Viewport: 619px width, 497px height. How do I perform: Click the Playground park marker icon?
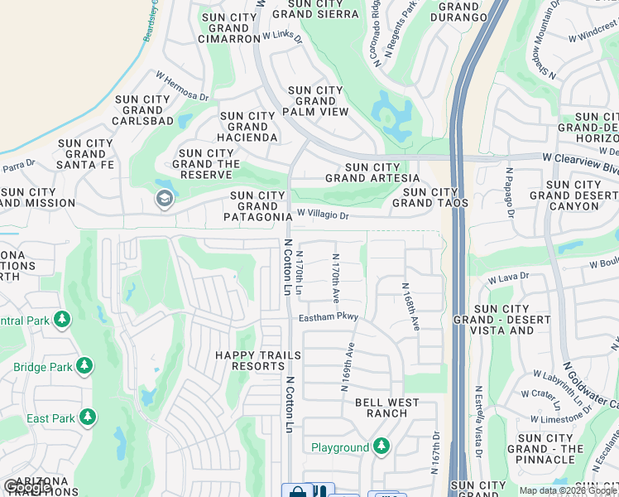381,447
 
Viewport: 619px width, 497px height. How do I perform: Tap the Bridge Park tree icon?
84,366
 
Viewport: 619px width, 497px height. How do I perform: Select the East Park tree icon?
88,417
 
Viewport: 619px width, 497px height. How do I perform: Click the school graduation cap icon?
164,198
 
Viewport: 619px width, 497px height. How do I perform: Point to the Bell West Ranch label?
386,408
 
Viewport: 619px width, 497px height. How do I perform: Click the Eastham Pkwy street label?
329,316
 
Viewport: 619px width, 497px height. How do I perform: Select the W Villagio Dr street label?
324,215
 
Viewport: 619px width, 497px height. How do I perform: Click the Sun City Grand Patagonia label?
257,206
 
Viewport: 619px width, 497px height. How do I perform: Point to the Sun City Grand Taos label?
430,197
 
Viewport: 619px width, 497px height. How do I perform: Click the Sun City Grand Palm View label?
315,101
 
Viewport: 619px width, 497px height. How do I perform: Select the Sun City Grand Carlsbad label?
144,109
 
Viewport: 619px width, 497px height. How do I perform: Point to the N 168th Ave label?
411,307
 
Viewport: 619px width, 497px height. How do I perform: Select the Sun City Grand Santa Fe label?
85,154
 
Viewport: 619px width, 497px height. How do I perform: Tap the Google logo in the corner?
27,487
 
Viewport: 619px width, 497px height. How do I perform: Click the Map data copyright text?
567,490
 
